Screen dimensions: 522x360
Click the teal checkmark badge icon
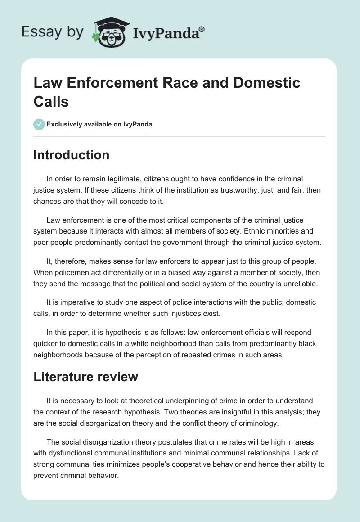tap(39, 124)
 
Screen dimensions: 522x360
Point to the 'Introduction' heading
tap(71, 155)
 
